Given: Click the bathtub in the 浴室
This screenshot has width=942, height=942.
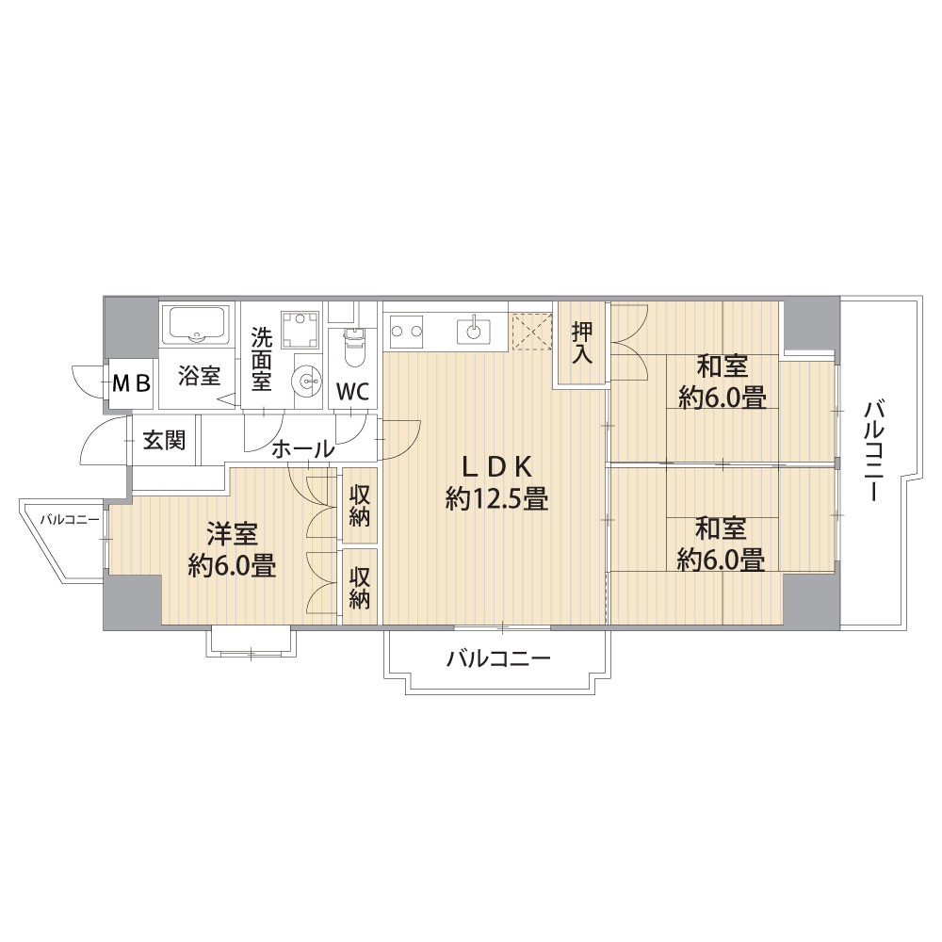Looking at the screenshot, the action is point(197,326).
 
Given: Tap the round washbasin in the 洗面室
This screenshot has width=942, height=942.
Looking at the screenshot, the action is point(309,381).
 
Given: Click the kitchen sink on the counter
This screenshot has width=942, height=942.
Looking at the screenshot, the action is point(474,330).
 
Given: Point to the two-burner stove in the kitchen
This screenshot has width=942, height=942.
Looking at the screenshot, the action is point(405,330).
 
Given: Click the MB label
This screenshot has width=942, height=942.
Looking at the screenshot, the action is point(131,383).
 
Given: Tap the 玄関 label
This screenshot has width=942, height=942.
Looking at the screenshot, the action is point(163,441).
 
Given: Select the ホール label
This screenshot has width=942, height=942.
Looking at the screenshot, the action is point(302,449).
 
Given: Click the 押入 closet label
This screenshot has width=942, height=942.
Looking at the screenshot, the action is point(581,343).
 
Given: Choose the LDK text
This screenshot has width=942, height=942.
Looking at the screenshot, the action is point(496,465).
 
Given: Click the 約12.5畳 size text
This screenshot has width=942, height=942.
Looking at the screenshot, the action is point(496,498).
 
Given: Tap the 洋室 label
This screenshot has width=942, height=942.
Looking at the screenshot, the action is point(232,533).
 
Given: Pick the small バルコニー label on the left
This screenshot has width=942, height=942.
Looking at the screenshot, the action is point(70,520).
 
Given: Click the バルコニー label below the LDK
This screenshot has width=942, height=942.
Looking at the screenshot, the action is point(498,659).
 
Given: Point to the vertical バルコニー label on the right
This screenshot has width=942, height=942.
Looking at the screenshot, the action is point(873,452).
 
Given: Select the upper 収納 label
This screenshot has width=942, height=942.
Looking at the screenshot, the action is point(359,507).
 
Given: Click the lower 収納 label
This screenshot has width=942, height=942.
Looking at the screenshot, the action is point(359,589).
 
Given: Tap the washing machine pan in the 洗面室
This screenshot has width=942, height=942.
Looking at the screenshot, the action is point(300,329).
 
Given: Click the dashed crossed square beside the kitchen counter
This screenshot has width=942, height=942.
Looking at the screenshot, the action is point(531,331).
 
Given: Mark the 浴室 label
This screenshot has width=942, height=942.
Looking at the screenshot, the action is point(199,376).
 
